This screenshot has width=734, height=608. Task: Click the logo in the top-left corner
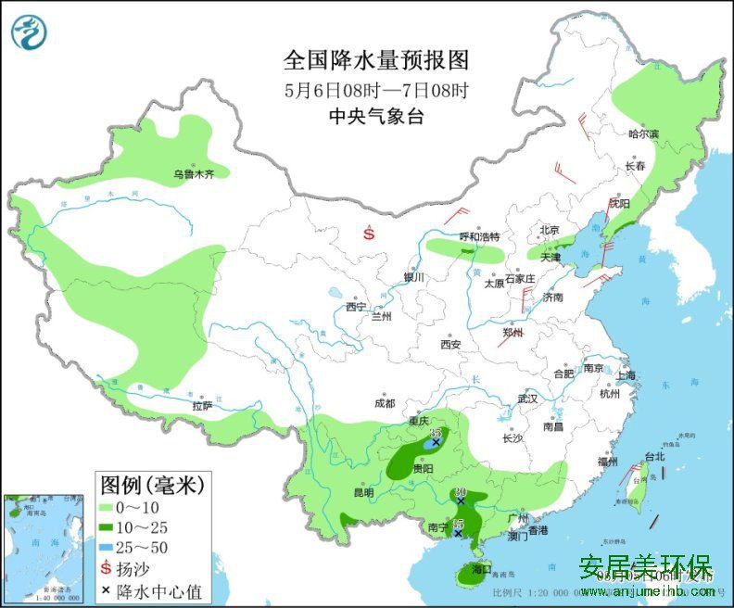pyautogui.click(x=29, y=32)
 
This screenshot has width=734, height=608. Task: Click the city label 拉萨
pyautogui.click(x=202, y=405)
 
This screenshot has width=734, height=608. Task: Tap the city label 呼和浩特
pyautogui.click(x=479, y=237)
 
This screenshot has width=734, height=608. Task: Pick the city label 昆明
pyautogui.click(x=362, y=492)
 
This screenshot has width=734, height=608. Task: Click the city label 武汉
pyautogui.click(x=527, y=398)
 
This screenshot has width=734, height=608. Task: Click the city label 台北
pyautogui.click(x=654, y=457)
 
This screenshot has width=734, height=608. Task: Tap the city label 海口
pyautogui.click(x=479, y=568)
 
